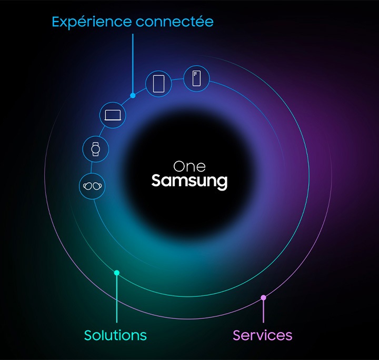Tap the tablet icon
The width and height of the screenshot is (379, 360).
(159, 83)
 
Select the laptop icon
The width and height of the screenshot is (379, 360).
(113, 114)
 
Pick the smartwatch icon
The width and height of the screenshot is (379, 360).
(96, 148)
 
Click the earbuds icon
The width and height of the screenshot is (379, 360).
(92, 186)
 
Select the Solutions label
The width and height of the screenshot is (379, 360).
(115, 335)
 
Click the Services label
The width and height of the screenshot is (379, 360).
(262, 335)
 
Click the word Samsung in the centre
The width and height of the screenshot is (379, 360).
(189, 182)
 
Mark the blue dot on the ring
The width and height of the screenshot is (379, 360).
(133, 95)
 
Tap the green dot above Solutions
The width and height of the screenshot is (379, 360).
(117, 273)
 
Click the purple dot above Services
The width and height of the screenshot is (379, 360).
(263, 298)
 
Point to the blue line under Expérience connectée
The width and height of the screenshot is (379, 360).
(133, 63)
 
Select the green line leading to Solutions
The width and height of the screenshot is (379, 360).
(117, 300)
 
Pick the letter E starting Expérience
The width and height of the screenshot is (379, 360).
(56, 22)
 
